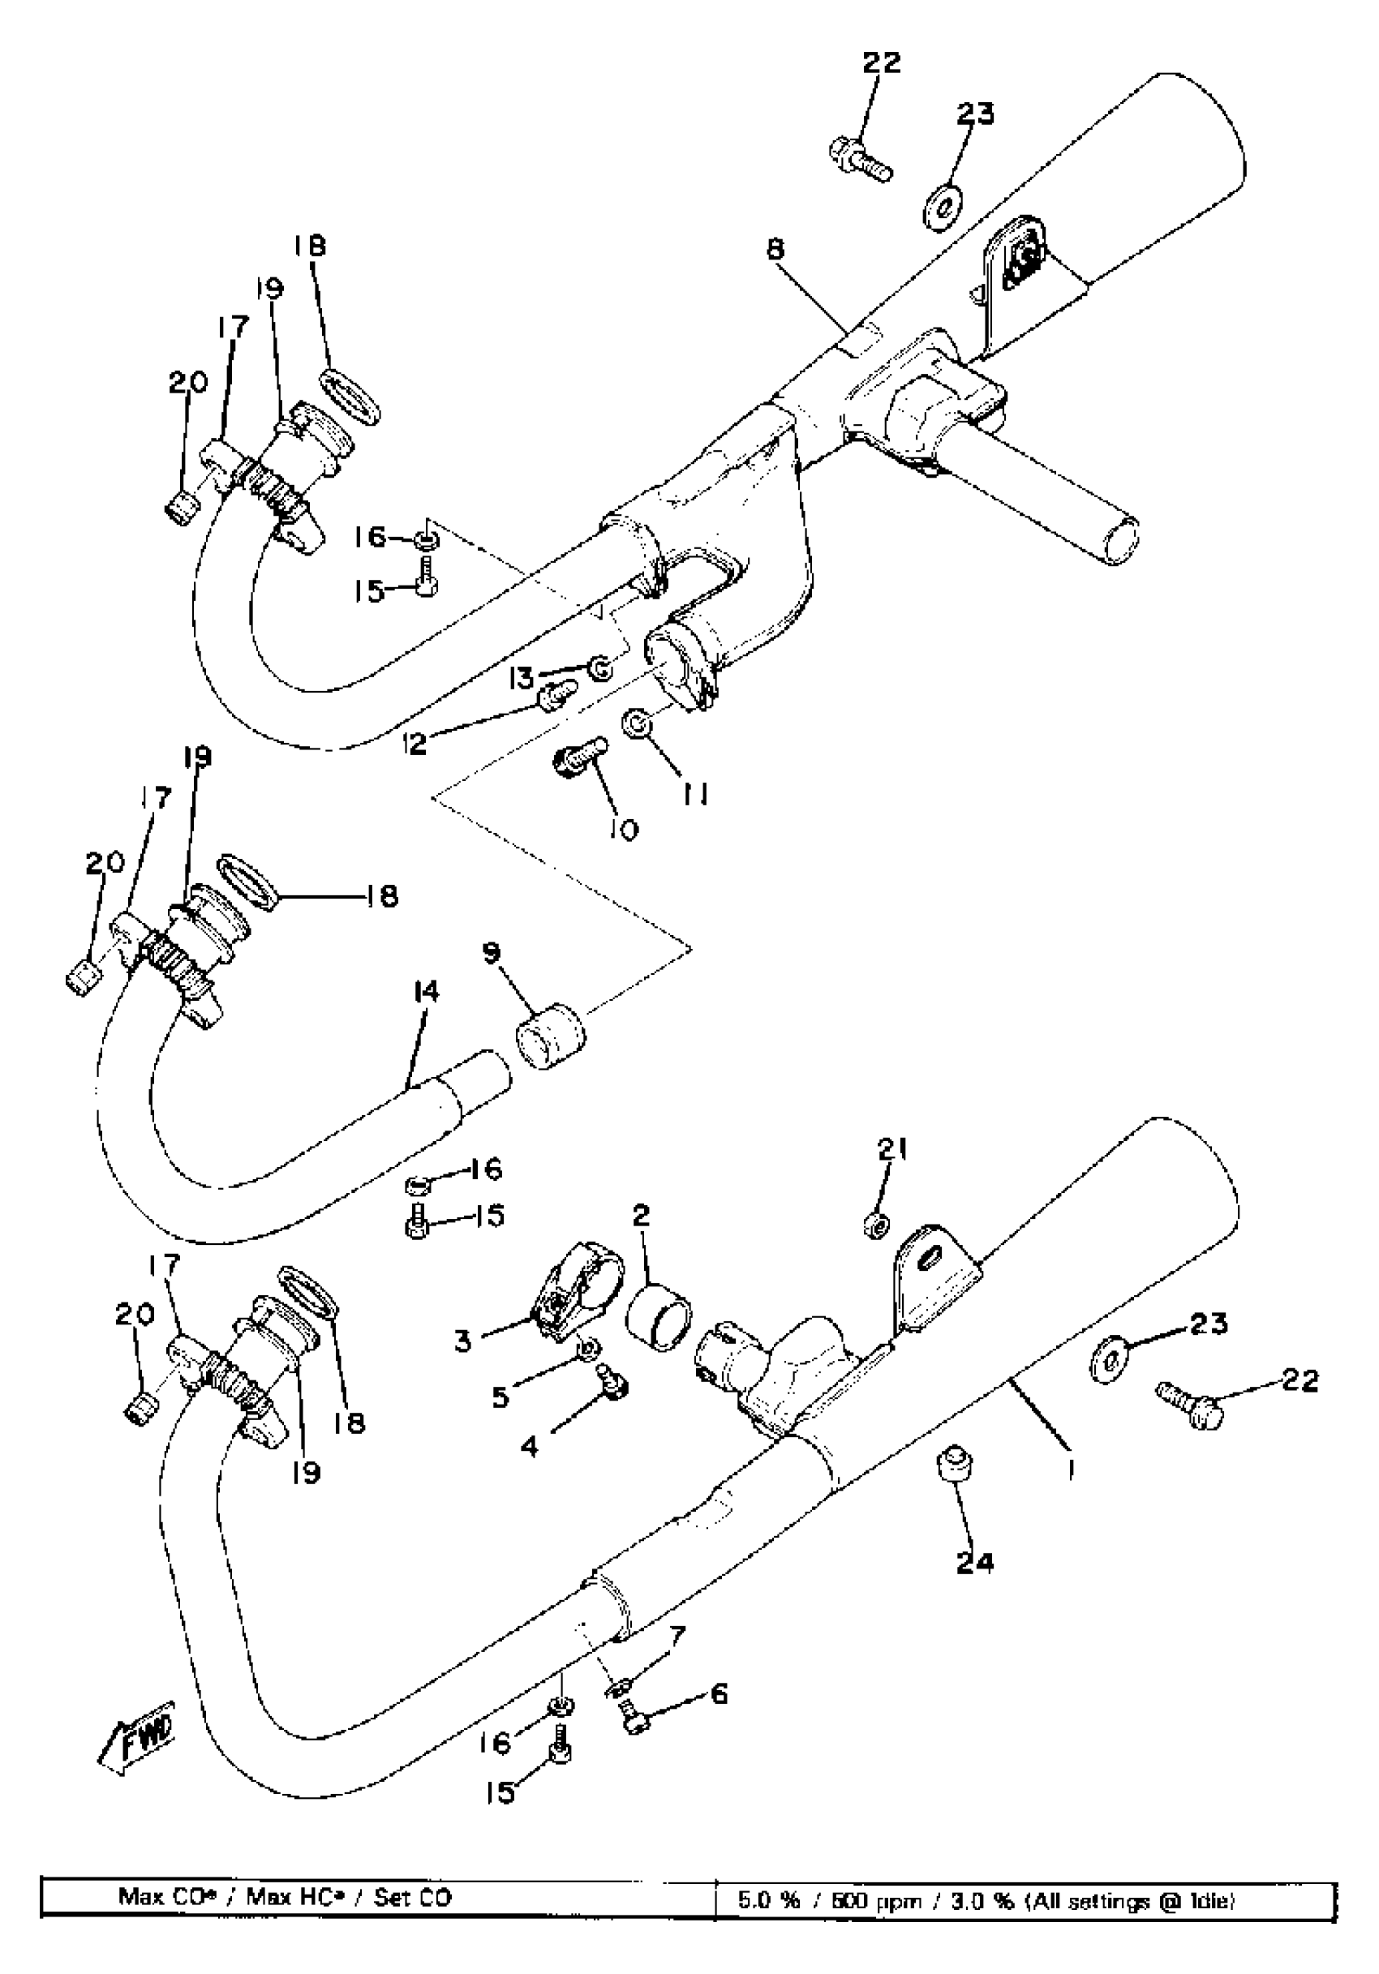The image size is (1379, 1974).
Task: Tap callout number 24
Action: click(x=974, y=1561)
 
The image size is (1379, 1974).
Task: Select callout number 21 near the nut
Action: click(x=891, y=1148)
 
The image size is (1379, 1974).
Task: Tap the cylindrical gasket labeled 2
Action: click(x=659, y=1316)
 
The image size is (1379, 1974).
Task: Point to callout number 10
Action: click(x=627, y=830)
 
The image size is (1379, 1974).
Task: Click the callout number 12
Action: click(x=415, y=743)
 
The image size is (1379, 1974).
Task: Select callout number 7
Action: click(x=678, y=1635)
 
